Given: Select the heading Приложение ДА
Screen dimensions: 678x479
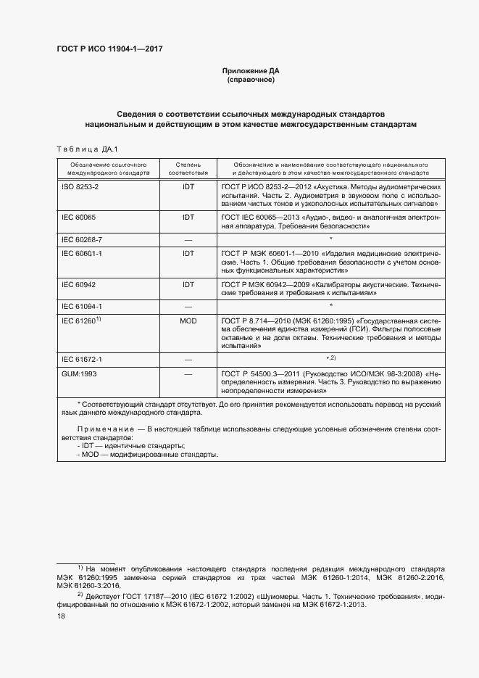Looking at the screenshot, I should (250, 71).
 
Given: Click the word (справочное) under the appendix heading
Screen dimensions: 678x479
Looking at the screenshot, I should (250, 80).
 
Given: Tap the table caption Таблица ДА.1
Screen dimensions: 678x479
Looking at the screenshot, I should (88, 149).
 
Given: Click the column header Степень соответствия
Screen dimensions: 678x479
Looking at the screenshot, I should (188, 170).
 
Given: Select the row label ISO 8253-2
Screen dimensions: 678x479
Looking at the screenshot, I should (79, 187).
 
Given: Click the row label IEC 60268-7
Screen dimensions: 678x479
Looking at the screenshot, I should (80, 239).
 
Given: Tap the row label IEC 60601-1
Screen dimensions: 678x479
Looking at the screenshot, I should (80, 253).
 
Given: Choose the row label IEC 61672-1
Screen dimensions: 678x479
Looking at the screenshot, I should (80, 360).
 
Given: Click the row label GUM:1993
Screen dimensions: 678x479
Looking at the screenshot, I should (78, 374).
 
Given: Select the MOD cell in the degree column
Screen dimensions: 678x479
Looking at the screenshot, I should (188, 320).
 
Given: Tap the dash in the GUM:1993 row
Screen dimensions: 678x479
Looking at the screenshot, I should (188, 374).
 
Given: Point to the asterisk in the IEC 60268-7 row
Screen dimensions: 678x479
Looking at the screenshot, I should (330, 239).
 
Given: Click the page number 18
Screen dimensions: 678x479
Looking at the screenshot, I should (61, 616).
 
